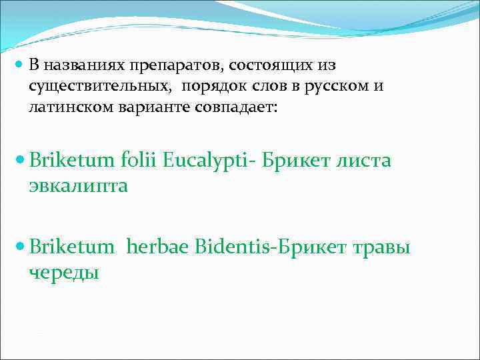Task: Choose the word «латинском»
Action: tap(68, 106)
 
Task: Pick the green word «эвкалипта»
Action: tap(78, 185)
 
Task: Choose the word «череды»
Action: tap(64, 272)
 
